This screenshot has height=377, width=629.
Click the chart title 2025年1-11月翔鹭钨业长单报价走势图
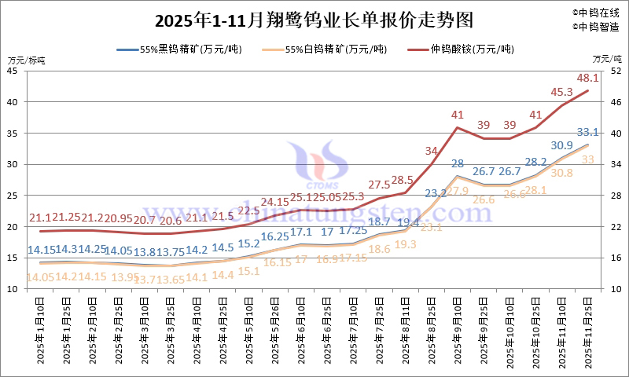point(314,18)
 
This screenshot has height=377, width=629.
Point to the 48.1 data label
point(588,78)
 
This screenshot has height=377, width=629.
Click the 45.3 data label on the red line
point(561,92)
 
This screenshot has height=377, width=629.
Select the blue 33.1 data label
point(588,132)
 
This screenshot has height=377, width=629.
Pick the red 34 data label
point(432,151)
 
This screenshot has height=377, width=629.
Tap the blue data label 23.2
point(431,192)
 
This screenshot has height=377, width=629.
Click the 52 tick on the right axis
point(616,71)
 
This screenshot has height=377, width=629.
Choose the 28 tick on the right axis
point(616,196)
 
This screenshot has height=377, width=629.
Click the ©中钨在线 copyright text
point(597,12)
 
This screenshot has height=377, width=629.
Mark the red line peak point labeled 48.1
point(589,90)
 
